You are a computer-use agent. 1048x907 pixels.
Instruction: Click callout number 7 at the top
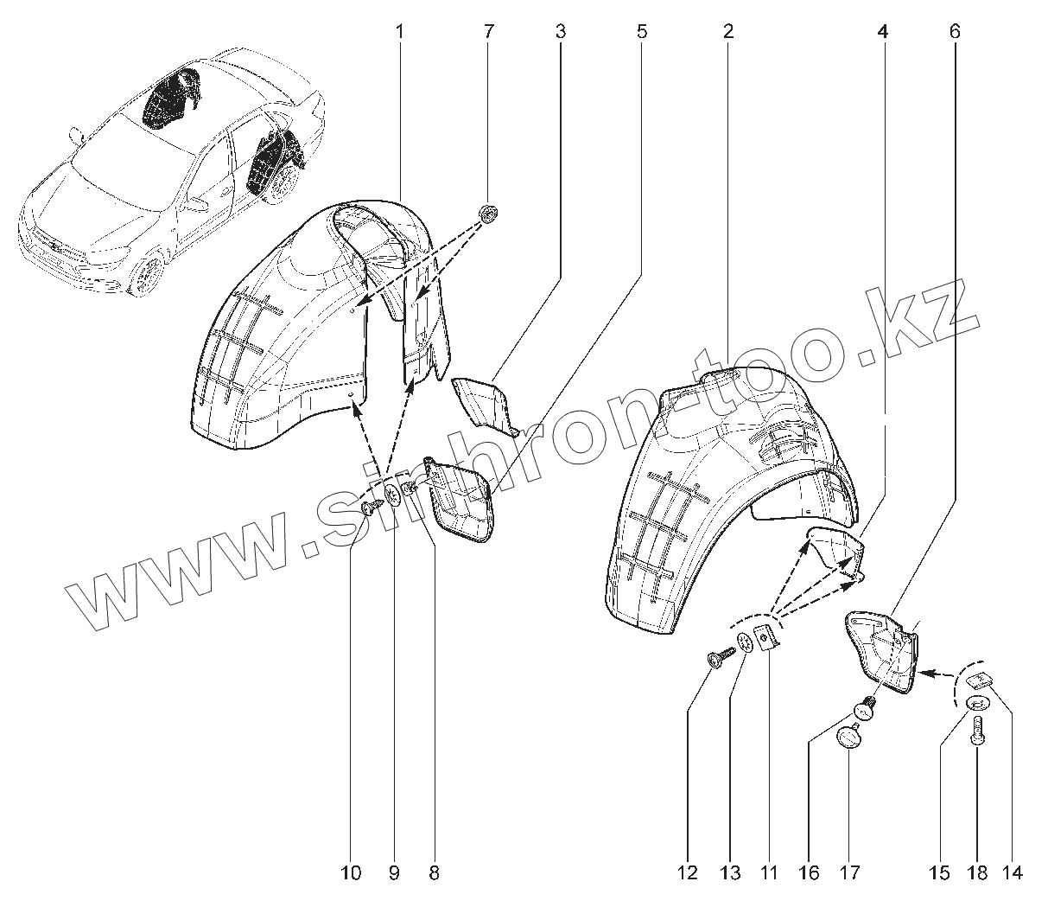[x=489, y=33]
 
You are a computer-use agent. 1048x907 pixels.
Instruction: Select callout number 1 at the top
[x=400, y=33]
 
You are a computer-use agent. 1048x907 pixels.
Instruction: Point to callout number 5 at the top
[x=641, y=33]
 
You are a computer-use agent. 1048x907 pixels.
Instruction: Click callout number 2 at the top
[x=728, y=33]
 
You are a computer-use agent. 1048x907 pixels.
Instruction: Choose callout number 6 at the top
[x=954, y=33]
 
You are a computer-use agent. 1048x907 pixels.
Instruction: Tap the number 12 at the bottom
[x=688, y=874]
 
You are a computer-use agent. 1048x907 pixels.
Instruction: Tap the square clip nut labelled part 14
[x=980, y=680]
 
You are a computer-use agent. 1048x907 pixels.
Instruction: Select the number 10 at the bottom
[x=351, y=874]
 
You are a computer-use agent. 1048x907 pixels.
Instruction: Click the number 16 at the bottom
[x=809, y=874]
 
